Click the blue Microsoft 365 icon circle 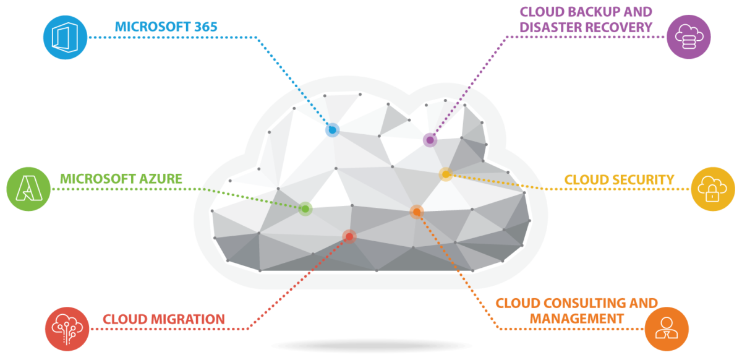(65, 37)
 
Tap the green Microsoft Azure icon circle (28, 189)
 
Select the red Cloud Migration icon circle (67, 329)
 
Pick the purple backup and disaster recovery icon (688, 36)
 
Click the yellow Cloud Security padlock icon (713, 189)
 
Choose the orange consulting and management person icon (667, 328)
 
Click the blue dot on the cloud (333, 130)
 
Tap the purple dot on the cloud (430, 140)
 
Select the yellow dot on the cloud (446, 174)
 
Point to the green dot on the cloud (305, 209)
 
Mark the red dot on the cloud (349, 236)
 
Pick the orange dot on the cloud (417, 212)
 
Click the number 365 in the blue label (203, 27)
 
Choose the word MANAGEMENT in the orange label (576, 319)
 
